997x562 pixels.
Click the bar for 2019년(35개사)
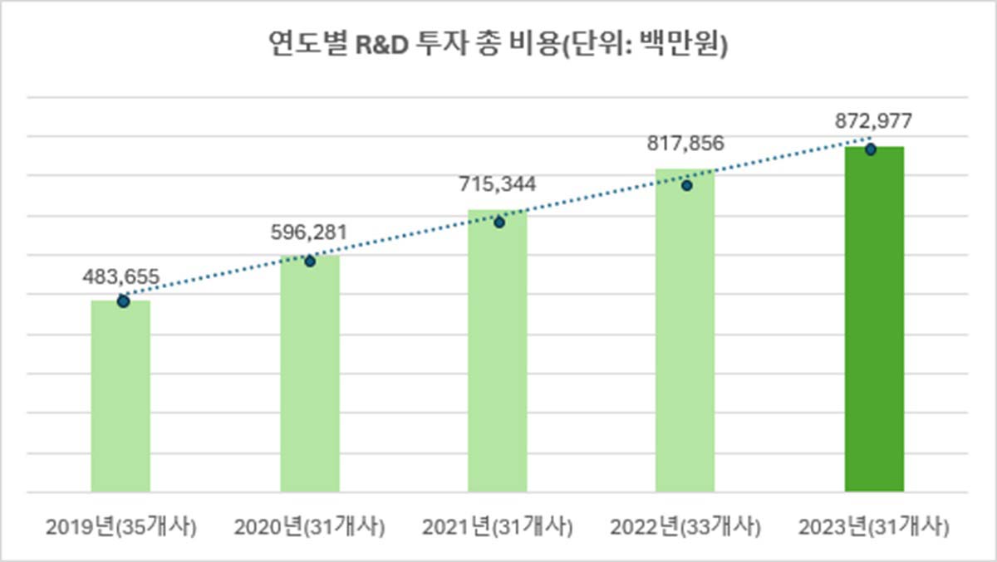pyautogui.click(x=120, y=396)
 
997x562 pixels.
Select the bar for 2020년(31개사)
pyautogui.click(x=310, y=374)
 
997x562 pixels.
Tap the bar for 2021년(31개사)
pyautogui.click(x=498, y=350)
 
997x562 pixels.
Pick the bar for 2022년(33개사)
pyautogui.click(x=685, y=330)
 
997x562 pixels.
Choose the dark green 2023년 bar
pyautogui.click(x=874, y=319)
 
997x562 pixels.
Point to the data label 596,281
pyautogui.click(x=309, y=232)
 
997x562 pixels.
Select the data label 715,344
pyautogui.click(x=498, y=183)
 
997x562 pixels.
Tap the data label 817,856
pyautogui.click(x=685, y=143)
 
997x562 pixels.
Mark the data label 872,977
pyautogui.click(x=873, y=121)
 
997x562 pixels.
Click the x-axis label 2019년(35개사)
pyautogui.click(x=121, y=526)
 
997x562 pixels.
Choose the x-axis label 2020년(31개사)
pyautogui.click(x=310, y=526)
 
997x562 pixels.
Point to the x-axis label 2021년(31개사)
pyautogui.click(x=498, y=526)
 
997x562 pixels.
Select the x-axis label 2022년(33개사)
pyautogui.click(x=685, y=526)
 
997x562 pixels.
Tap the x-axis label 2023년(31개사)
pyautogui.click(x=873, y=526)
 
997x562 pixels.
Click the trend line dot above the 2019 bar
pyautogui.click(x=123, y=301)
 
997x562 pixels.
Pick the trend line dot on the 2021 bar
pyautogui.click(x=499, y=222)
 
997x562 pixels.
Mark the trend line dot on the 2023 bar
pyautogui.click(x=870, y=149)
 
